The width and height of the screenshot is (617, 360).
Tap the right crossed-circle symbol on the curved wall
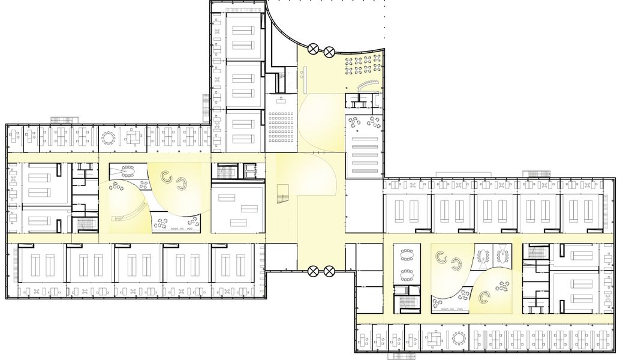point(329,52)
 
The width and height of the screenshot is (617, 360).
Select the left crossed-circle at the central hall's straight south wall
point(312,272)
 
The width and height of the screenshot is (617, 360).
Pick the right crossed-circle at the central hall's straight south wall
point(329,272)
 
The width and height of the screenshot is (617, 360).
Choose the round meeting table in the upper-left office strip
point(109,139)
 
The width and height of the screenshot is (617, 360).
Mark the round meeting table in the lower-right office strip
point(459,339)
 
